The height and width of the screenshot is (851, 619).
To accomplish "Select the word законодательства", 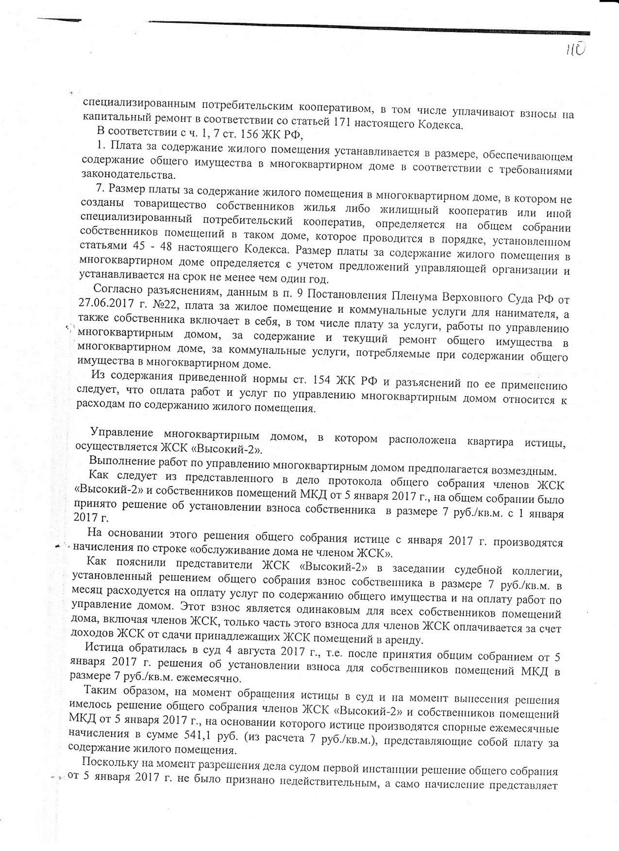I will click(127, 174).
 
